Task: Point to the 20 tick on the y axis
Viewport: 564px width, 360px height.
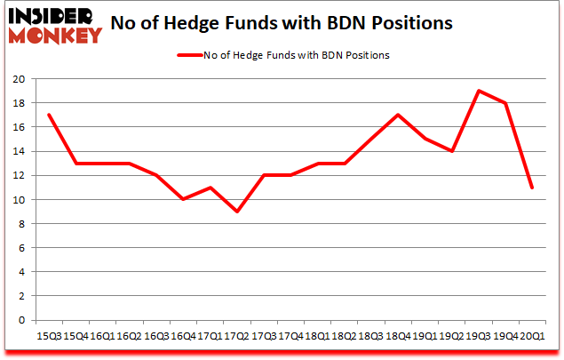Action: pyautogui.click(x=17, y=79)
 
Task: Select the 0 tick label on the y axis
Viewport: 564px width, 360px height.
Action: pyautogui.click(x=20, y=320)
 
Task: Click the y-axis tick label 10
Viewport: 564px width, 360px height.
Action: pyautogui.click(x=17, y=200)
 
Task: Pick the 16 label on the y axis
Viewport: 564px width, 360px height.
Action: pyautogui.click(x=17, y=127)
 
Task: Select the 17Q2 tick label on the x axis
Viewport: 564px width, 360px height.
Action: pyautogui.click(x=237, y=336)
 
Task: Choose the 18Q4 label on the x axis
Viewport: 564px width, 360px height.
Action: pyautogui.click(x=397, y=336)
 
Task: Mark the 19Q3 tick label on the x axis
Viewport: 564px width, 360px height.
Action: pyautogui.click(x=478, y=336)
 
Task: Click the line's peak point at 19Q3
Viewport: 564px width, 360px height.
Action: pyautogui.click(x=478, y=91)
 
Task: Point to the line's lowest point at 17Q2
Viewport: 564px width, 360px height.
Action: pyautogui.click(x=237, y=212)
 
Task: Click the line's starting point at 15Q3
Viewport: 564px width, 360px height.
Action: pyautogui.click(x=51, y=115)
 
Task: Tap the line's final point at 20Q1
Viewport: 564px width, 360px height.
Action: pyautogui.click(x=531, y=188)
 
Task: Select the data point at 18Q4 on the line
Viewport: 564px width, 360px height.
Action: pyautogui.click(x=397, y=115)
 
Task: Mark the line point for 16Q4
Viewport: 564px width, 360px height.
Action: pyautogui.click(x=184, y=199)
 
